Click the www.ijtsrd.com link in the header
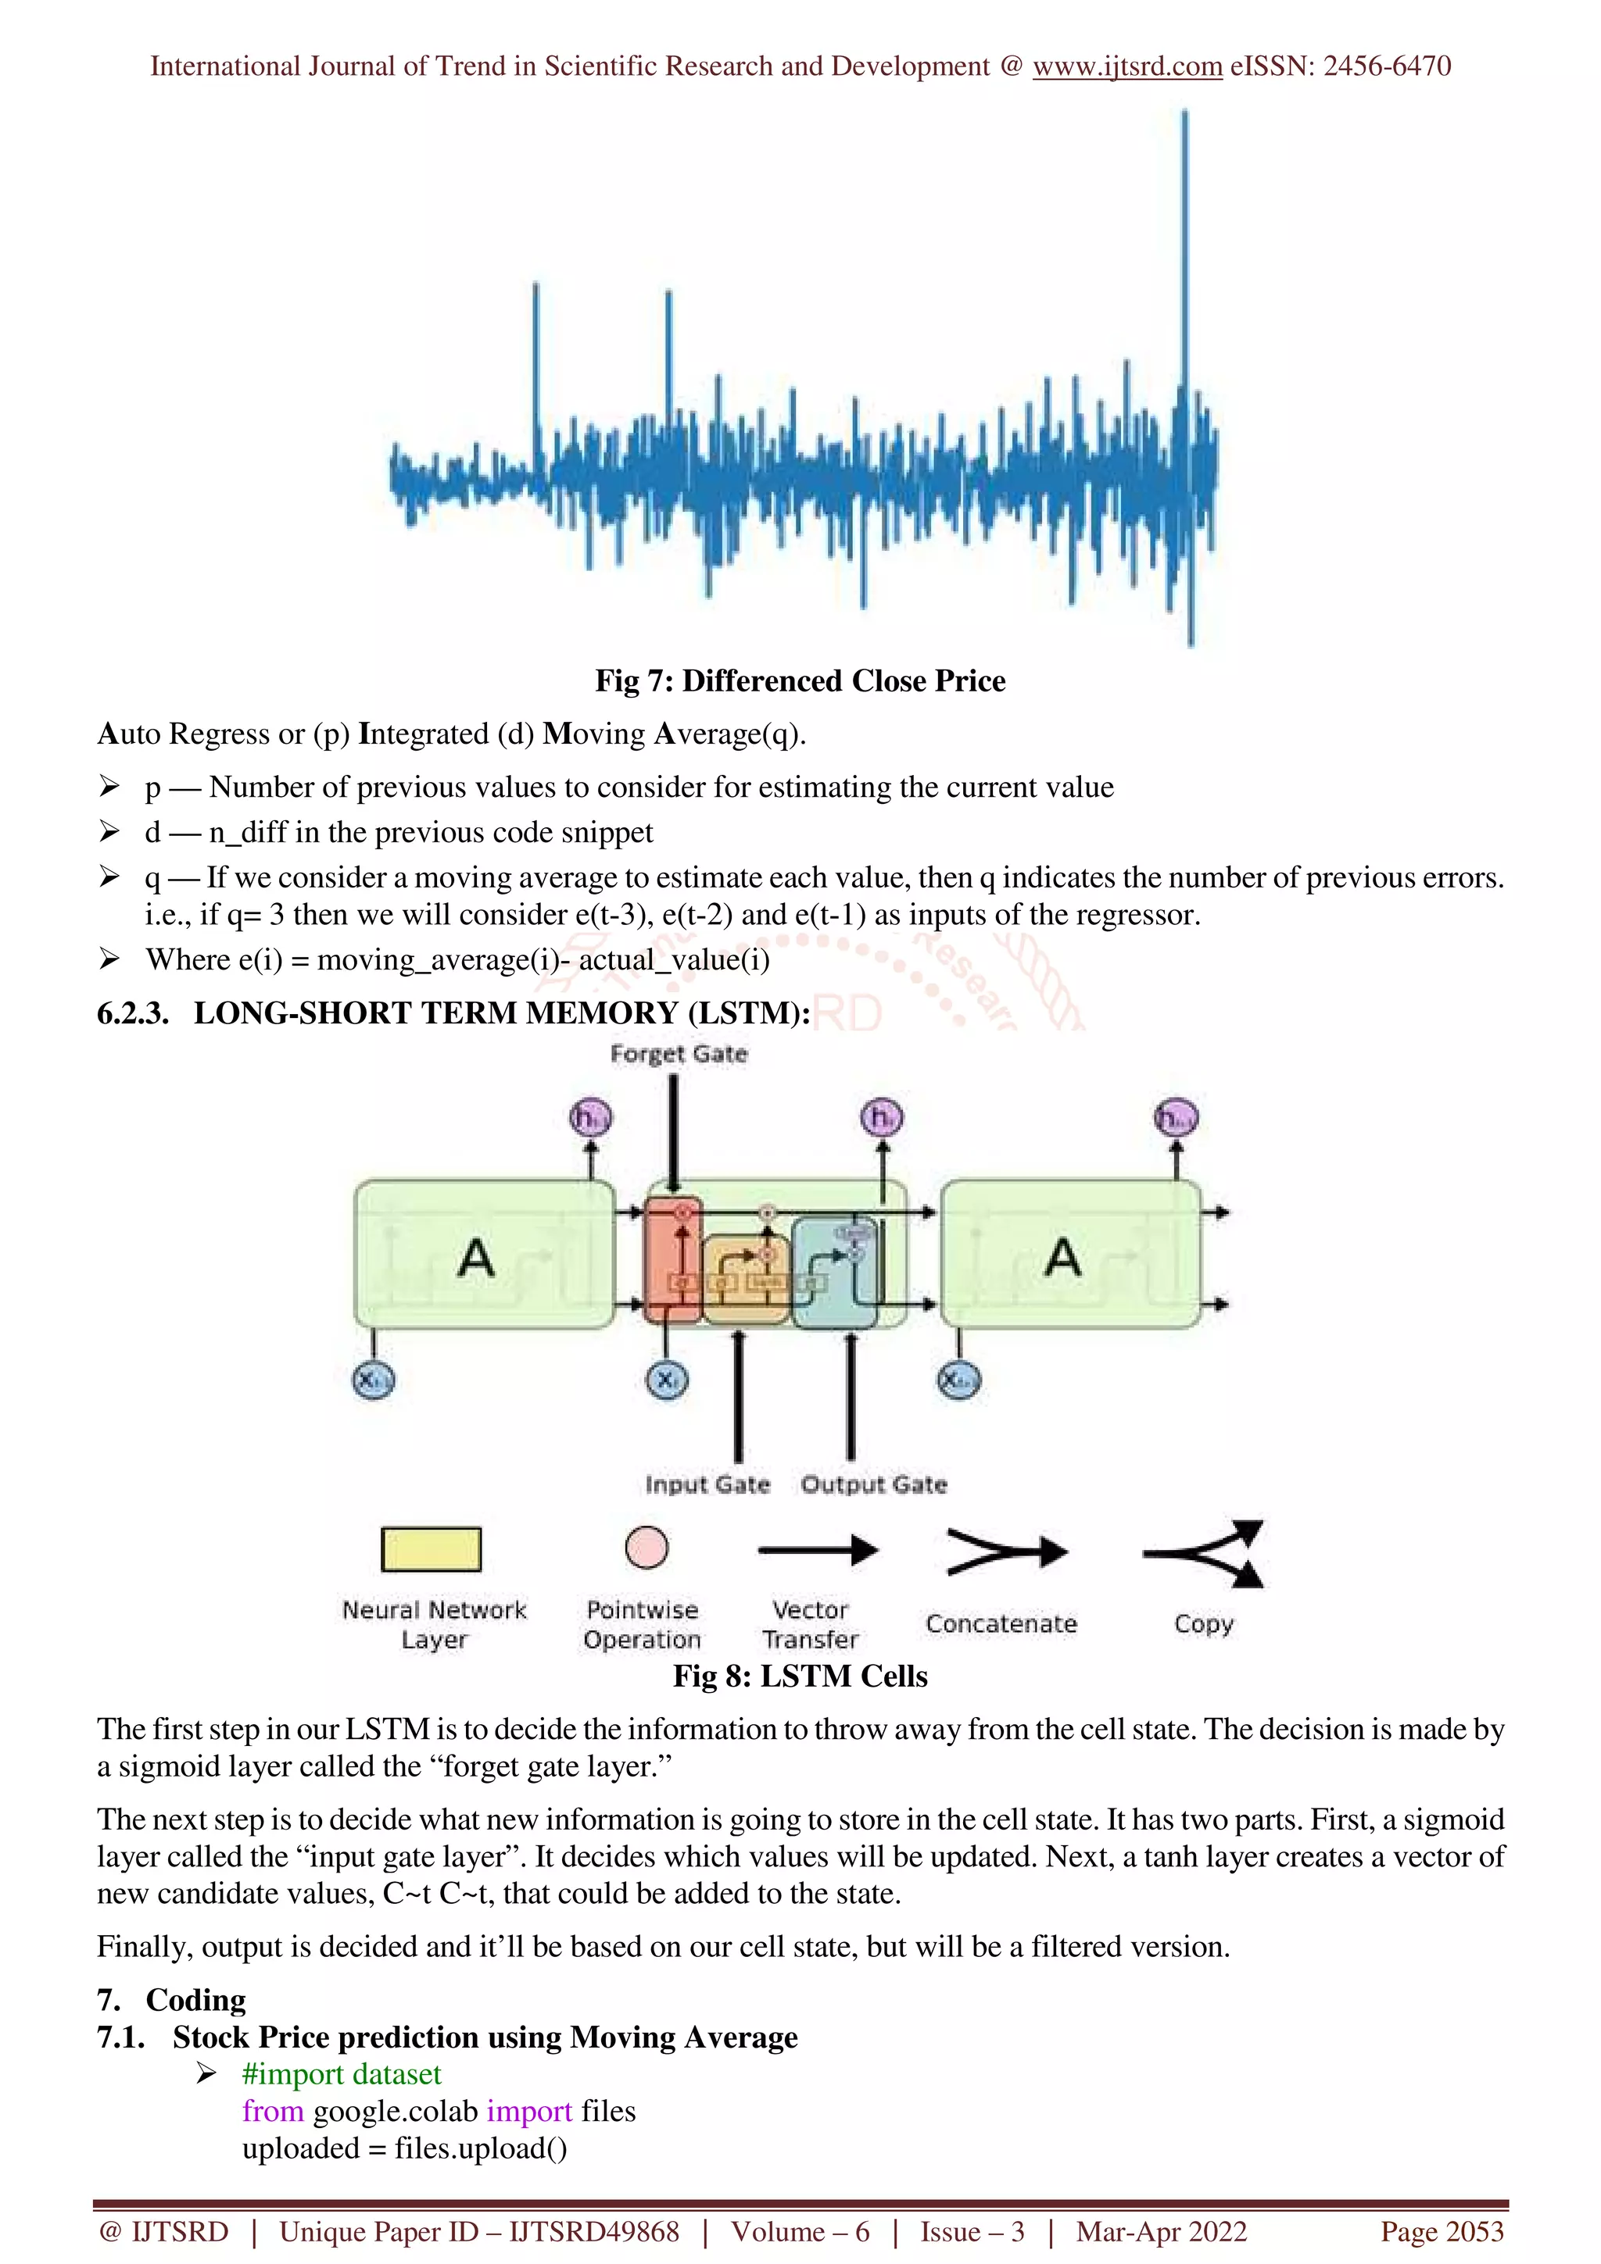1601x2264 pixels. tap(1126, 66)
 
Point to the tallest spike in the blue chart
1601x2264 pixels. tap(1184, 247)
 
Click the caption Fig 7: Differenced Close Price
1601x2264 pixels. tap(800, 680)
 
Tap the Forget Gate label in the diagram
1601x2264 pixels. tap(679, 1054)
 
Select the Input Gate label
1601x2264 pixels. tap(707, 1484)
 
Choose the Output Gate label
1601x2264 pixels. tap(873, 1484)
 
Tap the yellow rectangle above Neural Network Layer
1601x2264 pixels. tap(431, 1549)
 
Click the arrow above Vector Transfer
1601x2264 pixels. tap(817, 1550)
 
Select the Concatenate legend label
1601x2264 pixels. tap(1001, 1624)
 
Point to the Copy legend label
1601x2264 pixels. tap(1203, 1624)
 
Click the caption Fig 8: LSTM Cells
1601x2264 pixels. tap(800, 1677)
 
